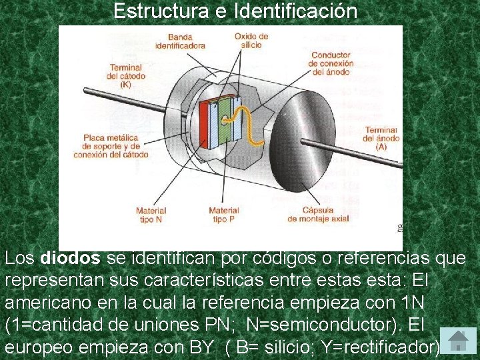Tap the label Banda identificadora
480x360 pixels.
pyautogui.click(x=180, y=42)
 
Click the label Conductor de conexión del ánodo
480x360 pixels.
pyautogui.click(x=332, y=63)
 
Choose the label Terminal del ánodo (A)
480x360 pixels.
pyautogui.click(x=381, y=137)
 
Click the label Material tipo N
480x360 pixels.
pyautogui.click(x=151, y=215)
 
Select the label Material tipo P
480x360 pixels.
pyautogui.click(x=223, y=215)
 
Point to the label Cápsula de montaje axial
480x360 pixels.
pyautogui.click(x=319, y=215)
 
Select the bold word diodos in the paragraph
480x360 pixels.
pyautogui.click(x=70, y=258)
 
